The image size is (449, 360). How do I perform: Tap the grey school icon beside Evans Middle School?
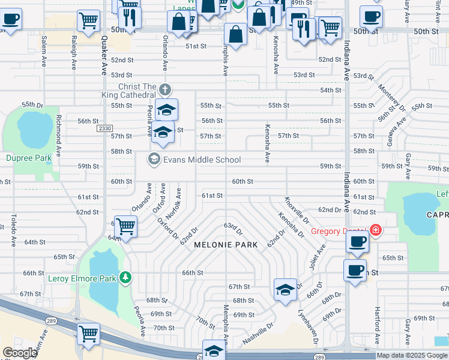[x=154, y=159]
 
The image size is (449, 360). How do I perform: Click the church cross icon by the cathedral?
[x=166, y=90]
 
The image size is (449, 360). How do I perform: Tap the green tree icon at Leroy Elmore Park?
[x=125, y=277]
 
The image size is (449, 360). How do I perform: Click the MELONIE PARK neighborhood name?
[x=226, y=245]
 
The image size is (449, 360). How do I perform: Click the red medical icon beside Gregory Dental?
[x=376, y=230]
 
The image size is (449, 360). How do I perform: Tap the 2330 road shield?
[x=104, y=128]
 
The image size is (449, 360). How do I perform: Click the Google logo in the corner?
[x=20, y=353]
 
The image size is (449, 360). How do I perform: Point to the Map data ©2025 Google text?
[x=412, y=355]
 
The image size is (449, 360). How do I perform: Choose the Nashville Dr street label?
[x=258, y=334]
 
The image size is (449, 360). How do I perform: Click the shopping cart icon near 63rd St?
[x=125, y=227]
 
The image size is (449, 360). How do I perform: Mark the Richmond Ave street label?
[x=59, y=133]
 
